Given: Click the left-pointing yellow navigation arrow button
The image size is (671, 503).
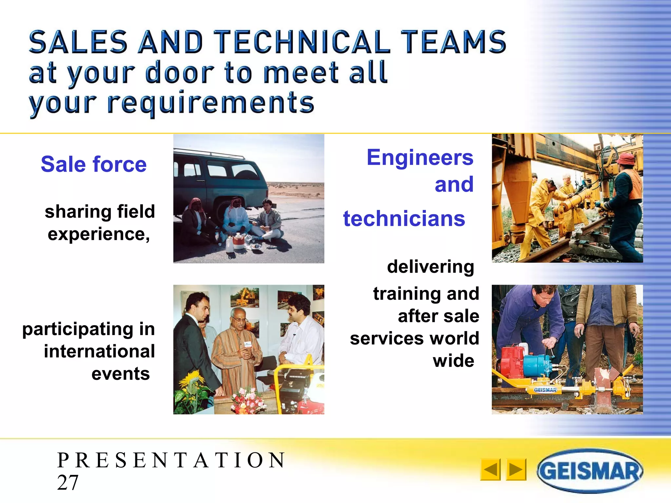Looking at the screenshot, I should point(490,470).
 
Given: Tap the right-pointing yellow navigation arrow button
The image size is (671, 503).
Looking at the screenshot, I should point(516,470).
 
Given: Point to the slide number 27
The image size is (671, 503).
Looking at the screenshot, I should point(68,482).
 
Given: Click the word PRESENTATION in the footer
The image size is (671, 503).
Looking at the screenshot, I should point(172,460).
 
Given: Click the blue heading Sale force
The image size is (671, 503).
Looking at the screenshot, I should point(94,164).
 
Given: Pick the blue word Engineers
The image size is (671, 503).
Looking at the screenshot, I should point(420,158).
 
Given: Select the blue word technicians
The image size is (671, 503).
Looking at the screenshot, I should point(404,218).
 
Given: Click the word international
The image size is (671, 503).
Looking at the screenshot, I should point(99,351).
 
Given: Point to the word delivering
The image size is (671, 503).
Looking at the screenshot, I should point(431,267).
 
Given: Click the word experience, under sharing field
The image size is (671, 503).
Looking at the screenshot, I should point(99,234).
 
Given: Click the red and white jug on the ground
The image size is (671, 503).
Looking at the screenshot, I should point(238,241).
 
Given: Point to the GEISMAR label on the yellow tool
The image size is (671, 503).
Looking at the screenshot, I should point(545,390).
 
